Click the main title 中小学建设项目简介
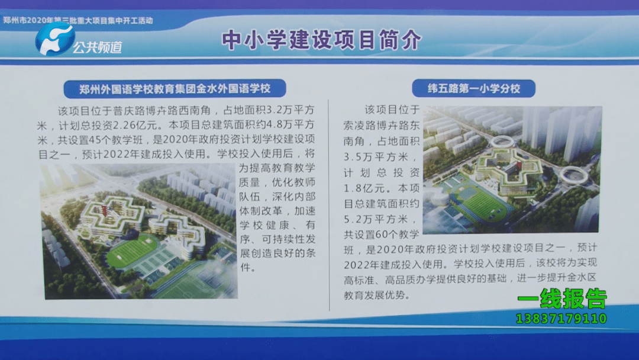[x=321, y=40]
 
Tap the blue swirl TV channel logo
[x=54, y=38]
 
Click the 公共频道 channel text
[x=98, y=47]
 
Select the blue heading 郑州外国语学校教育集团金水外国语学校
[x=175, y=88]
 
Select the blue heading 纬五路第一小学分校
[x=473, y=88]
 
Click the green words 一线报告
[x=563, y=299]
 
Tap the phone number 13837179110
[x=561, y=319]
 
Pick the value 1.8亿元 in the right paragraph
[x=367, y=188]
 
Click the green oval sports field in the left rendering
[x=131, y=250]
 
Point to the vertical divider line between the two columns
[x=329, y=205]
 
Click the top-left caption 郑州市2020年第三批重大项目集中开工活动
[x=78, y=20]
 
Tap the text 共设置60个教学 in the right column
[x=382, y=234]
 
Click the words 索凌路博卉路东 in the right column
[x=382, y=125]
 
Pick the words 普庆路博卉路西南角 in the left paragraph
[x=162, y=110]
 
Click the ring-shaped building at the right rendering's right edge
[x=573, y=175]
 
